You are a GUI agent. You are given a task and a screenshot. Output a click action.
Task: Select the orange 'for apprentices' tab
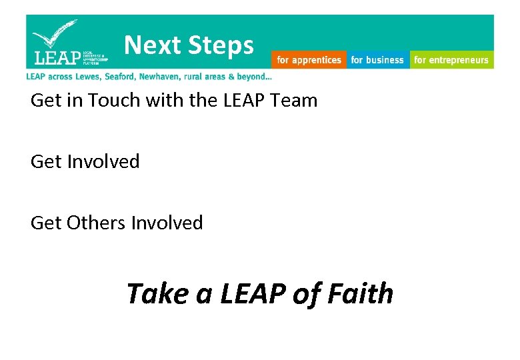pos(309,60)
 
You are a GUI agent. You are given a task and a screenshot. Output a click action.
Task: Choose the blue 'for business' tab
pos(377,60)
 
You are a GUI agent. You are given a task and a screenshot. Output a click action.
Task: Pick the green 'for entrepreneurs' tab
pos(451,60)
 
